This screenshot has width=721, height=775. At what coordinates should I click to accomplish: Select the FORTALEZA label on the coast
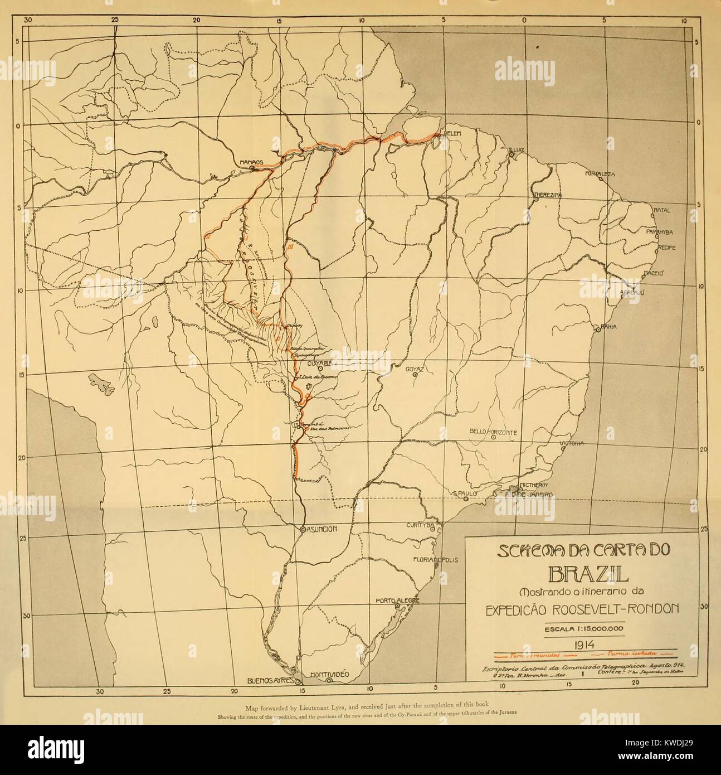(x=600, y=174)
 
